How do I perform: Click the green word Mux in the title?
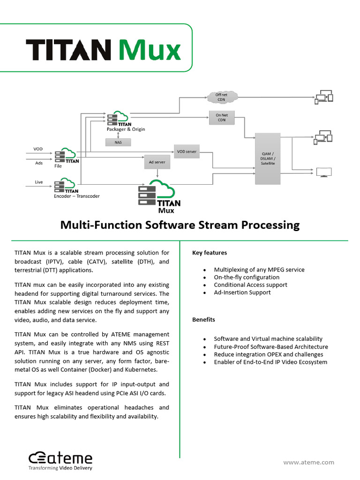click(149, 50)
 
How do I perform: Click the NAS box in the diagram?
click(118, 142)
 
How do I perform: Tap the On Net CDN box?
click(222, 117)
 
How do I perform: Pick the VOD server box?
click(187, 151)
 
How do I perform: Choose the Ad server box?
click(157, 162)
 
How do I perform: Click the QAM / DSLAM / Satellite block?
click(268, 158)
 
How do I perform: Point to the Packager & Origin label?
click(126, 129)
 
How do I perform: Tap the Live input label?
click(38, 182)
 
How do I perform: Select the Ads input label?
click(38, 163)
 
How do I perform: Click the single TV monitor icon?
click(324, 172)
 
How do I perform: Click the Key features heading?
click(209, 253)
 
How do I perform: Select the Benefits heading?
click(203, 320)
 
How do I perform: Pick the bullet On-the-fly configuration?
click(247, 277)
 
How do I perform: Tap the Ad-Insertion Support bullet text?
click(242, 292)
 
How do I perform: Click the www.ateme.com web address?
click(309, 462)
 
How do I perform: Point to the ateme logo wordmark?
click(61, 458)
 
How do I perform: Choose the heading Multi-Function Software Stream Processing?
click(180, 225)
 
